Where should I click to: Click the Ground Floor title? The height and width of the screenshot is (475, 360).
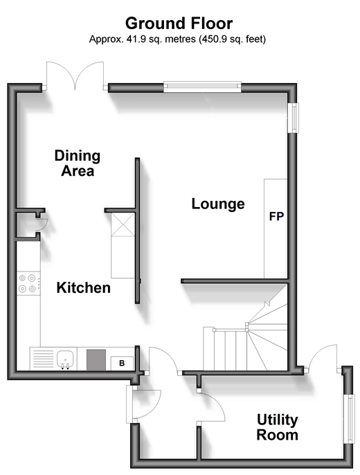pyautogui.click(x=179, y=24)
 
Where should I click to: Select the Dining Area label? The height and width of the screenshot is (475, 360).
pyautogui.click(x=78, y=163)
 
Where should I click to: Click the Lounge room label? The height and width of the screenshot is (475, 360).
pyautogui.click(x=218, y=204)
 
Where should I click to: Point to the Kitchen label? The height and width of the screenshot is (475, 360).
pyautogui.click(x=83, y=288)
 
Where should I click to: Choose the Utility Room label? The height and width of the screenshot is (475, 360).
pyautogui.click(x=278, y=427)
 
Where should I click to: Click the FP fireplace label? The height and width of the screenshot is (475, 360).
pyautogui.click(x=276, y=217)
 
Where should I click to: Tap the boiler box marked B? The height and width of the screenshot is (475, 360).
pyautogui.click(x=122, y=363)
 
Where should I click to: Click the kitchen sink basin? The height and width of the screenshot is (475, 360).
pyautogui.click(x=65, y=359)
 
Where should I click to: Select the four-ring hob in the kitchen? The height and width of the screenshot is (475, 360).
pyautogui.click(x=28, y=284)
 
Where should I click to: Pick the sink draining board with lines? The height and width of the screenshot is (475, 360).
pyautogui.click(x=43, y=359)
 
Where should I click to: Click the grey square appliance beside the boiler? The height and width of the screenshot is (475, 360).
pyautogui.click(x=96, y=359)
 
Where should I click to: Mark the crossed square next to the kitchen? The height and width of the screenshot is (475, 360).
pyautogui.click(x=123, y=224)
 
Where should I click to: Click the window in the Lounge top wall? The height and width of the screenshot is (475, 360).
pyautogui.click(x=202, y=87)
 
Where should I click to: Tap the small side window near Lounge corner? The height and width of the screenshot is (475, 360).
pyautogui.click(x=293, y=118)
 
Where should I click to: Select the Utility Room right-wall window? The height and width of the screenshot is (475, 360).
pyautogui.click(x=350, y=420)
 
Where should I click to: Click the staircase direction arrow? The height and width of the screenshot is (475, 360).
pyautogui.click(x=267, y=304)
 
